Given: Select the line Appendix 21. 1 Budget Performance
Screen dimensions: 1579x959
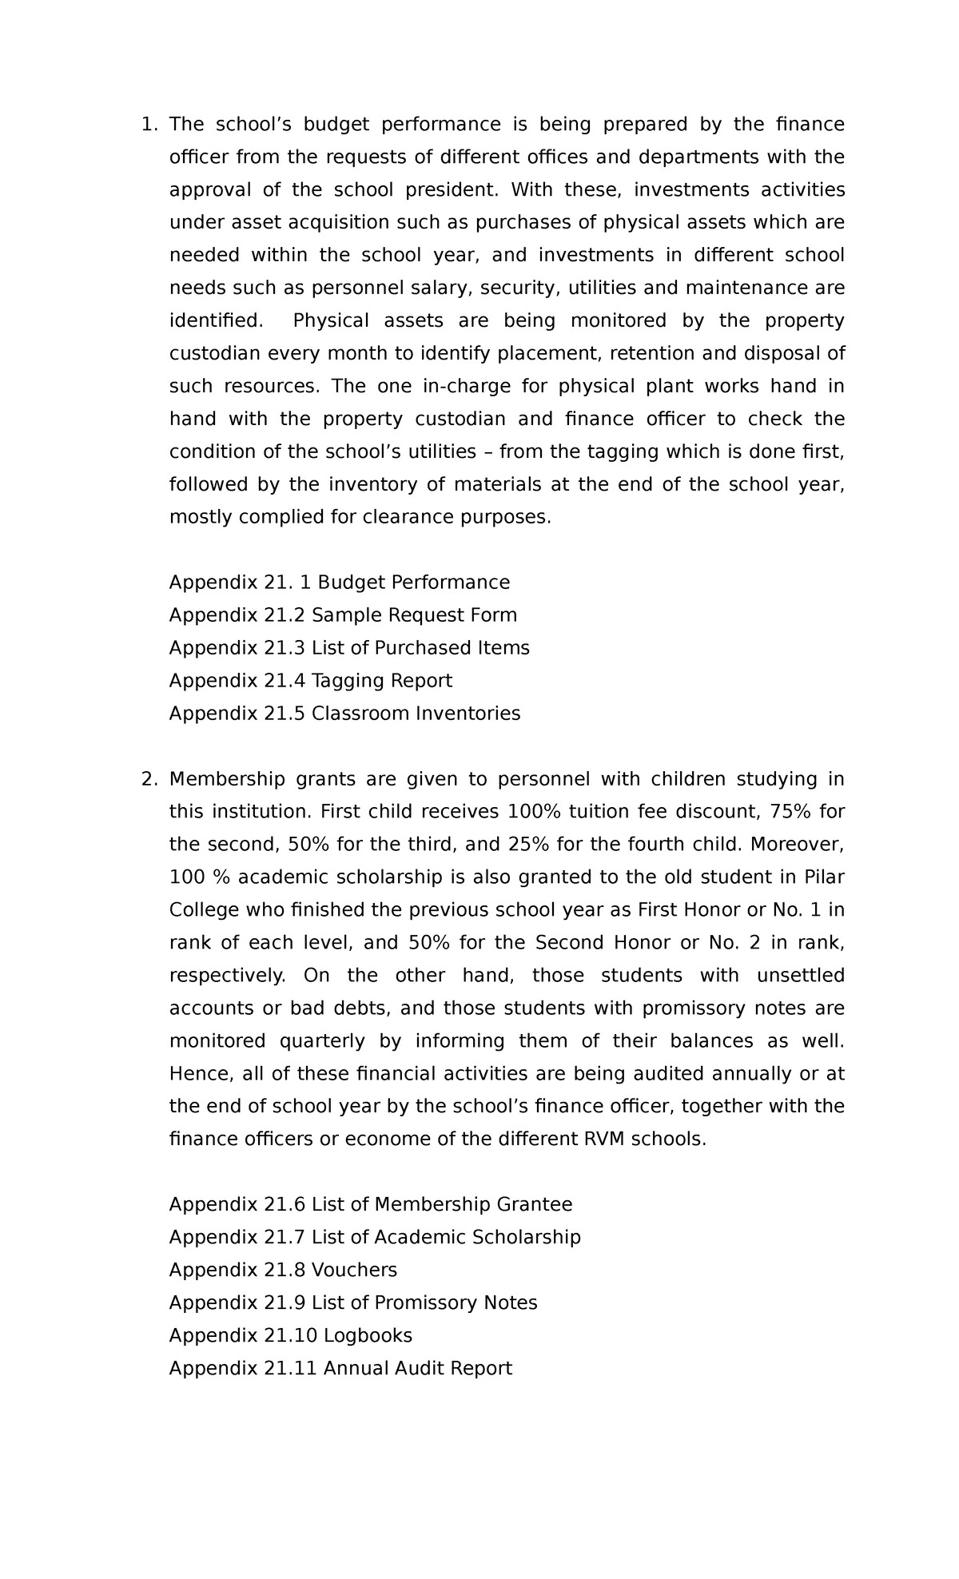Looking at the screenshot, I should (339, 583).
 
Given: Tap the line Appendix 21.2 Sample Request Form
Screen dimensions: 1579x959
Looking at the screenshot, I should (343, 615).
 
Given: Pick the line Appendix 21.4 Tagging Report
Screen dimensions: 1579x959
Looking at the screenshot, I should (310, 681).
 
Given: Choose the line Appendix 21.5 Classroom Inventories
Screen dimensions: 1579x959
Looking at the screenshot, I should (344, 714).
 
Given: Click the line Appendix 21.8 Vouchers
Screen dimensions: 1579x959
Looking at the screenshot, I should (283, 1270).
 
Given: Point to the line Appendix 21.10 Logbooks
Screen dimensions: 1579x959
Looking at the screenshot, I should (291, 1335).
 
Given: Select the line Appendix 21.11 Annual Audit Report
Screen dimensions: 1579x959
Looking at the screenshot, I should (340, 1368).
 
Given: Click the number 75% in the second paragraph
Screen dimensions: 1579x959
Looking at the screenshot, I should (789, 812).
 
